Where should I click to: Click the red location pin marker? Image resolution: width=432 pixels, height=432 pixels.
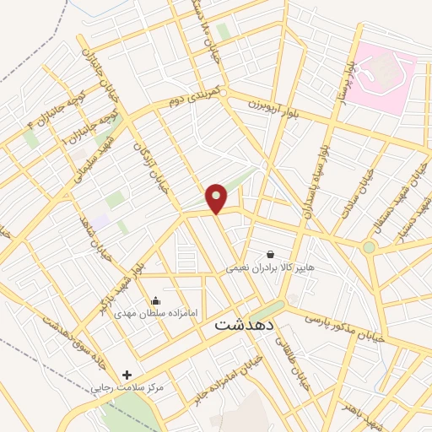[217, 198]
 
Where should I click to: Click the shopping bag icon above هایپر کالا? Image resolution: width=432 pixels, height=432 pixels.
[270, 254]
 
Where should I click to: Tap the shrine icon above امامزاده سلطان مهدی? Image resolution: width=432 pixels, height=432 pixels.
[154, 300]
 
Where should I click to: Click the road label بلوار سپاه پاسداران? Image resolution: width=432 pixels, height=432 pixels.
[320, 178]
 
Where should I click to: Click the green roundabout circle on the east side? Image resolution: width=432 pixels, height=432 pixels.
[369, 247]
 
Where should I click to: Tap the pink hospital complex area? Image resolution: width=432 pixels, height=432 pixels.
[384, 72]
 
